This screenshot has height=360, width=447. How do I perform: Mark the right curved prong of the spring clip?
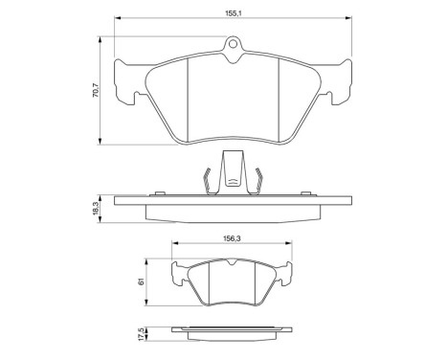click(x=257, y=179)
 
